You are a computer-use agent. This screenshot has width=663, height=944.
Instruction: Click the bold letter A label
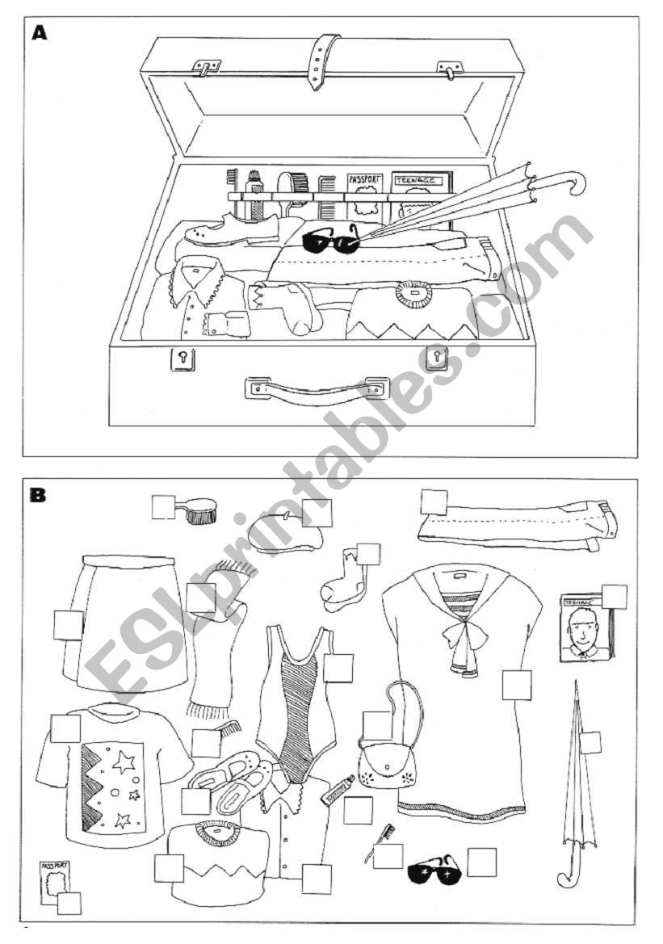pyautogui.click(x=39, y=34)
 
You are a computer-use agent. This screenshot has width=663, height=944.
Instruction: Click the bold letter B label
pyautogui.click(x=37, y=494)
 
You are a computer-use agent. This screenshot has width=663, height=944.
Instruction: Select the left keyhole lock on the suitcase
pyautogui.click(x=183, y=358)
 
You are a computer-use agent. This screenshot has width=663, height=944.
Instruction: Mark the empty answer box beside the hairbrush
pyautogui.click(x=164, y=507)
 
